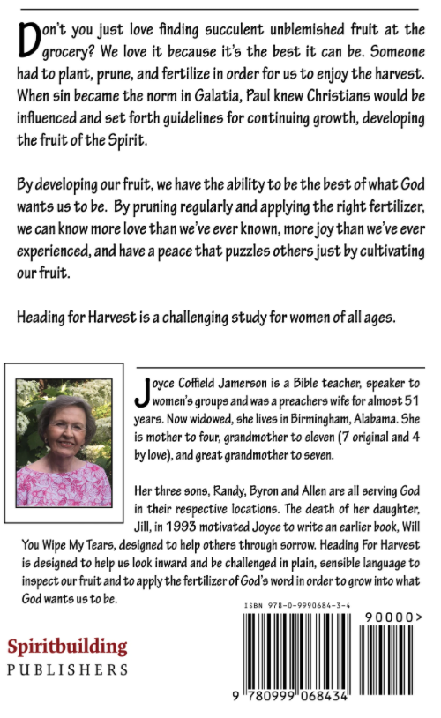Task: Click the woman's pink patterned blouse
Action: pyautogui.click(x=64, y=484)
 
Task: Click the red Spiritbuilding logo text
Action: pyautogui.click(x=67, y=647)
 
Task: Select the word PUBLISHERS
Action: pyautogui.click(x=67, y=670)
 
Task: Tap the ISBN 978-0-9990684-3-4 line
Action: pyautogui.click(x=297, y=606)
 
